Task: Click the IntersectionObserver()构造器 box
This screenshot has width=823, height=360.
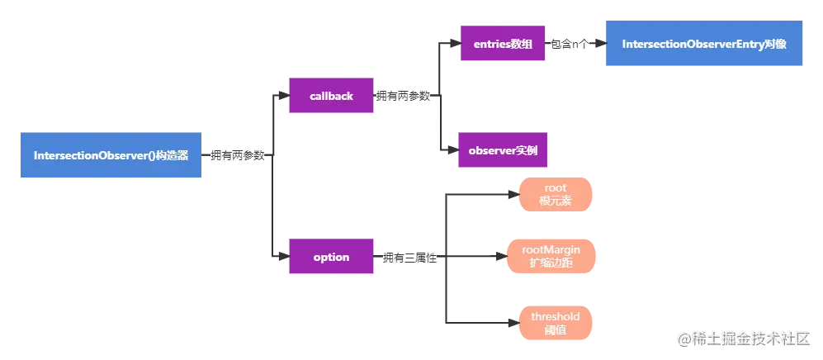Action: coord(111,155)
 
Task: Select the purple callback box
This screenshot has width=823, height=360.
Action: coord(330,96)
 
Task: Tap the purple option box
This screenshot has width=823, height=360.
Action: coord(330,257)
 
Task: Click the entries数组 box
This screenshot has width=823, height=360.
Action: coord(502,43)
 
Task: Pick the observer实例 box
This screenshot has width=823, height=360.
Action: coord(502,150)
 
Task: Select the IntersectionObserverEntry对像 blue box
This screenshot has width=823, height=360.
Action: coord(702,43)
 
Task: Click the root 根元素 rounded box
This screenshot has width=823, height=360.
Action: coord(555,195)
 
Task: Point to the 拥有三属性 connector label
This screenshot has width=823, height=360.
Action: coord(409,258)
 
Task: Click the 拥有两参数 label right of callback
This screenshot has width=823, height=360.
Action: coord(403,97)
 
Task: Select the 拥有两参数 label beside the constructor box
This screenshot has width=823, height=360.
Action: coord(236,155)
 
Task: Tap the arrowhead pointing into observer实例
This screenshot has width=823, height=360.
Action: coord(452,151)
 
